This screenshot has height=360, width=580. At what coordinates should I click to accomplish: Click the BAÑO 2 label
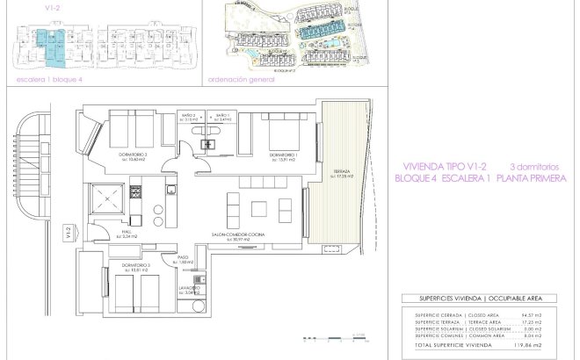(188, 116)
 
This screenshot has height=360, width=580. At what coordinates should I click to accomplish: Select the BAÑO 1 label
(223, 116)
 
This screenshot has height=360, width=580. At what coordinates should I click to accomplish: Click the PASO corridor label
(185, 260)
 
